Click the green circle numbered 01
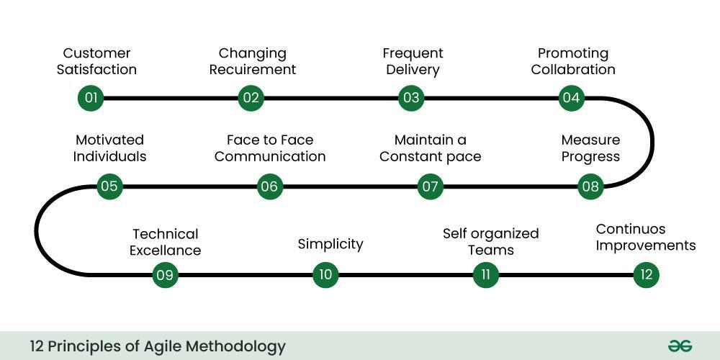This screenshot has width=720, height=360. [91, 98]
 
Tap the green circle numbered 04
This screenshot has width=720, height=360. [572, 98]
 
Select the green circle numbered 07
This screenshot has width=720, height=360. [431, 187]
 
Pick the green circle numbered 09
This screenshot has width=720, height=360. [165, 275]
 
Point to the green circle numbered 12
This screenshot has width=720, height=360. [646, 275]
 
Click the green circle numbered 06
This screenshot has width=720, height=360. [269, 187]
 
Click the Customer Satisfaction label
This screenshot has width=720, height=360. [96, 61]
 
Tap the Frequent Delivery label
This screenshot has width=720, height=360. [413, 61]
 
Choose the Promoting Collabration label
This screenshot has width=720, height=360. [573, 61]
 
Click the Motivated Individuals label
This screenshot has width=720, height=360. [109, 148]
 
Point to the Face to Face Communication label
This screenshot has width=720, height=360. [270, 148]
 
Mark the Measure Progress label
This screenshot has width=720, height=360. [590, 148]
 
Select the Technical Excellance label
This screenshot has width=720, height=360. [165, 242]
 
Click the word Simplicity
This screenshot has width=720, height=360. [330, 244]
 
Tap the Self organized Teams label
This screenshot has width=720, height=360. [490, 242]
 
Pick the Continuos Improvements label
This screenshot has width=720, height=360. [646, 238]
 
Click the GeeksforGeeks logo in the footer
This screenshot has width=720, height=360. [679, 346]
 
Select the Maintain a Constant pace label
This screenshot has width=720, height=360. [431, 148]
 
